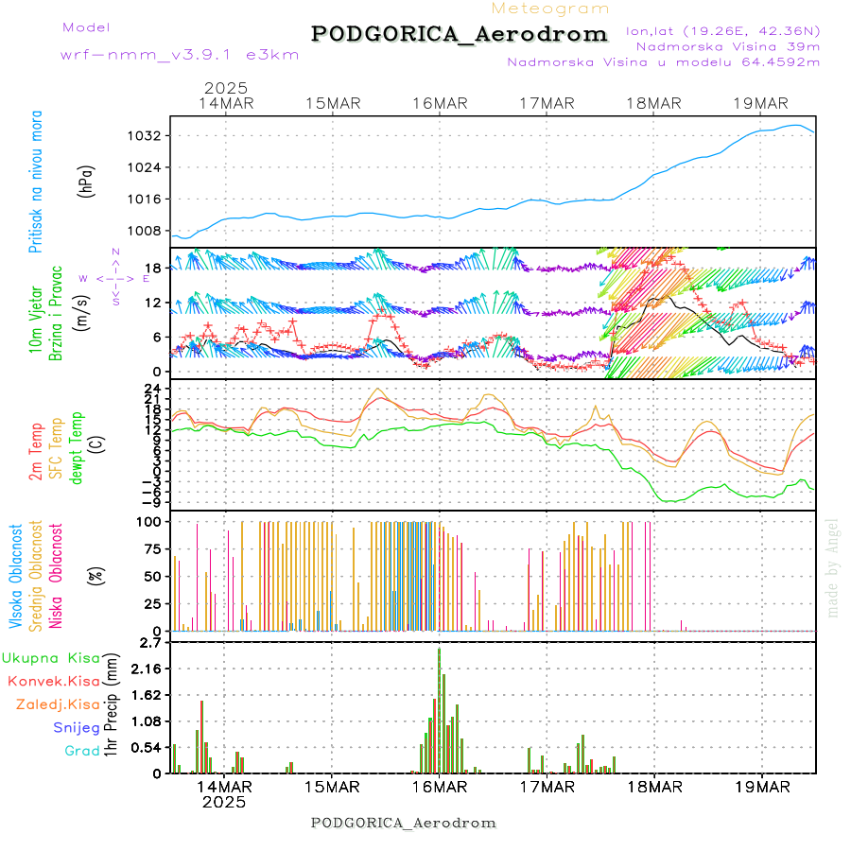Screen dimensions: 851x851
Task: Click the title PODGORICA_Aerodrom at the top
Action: tap(460, 34)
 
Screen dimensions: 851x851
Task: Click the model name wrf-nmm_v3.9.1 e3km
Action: tap(180, 55)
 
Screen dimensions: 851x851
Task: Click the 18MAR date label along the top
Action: tap(653, 103)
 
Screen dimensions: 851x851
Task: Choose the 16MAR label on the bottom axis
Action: tap(439, 787)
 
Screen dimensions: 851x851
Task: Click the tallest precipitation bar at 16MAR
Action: tap(439, 709)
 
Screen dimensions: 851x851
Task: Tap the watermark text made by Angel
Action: tap(833, 567)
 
